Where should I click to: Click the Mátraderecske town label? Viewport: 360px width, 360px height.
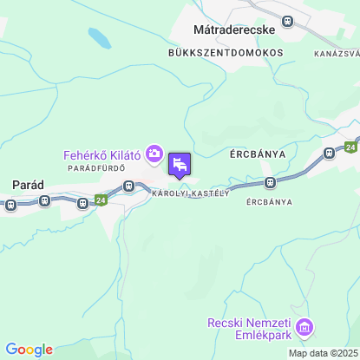(232, 29)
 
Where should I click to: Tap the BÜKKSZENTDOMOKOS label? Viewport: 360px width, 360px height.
(226, 52)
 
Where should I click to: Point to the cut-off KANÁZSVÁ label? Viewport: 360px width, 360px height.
(337, 54)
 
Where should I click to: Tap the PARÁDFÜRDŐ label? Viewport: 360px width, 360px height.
(97, 167)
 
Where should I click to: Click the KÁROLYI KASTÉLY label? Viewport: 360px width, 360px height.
(190, 193)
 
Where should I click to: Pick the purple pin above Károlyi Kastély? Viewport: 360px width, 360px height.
(180, 165)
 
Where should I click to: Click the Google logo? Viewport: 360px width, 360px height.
(29, 350)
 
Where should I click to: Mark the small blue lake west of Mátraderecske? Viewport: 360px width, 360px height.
(99, 39)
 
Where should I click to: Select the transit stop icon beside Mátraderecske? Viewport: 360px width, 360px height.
(288, 21)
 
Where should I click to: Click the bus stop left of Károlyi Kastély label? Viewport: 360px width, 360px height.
(128, 185)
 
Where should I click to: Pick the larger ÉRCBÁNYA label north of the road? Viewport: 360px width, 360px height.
(258, 154)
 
